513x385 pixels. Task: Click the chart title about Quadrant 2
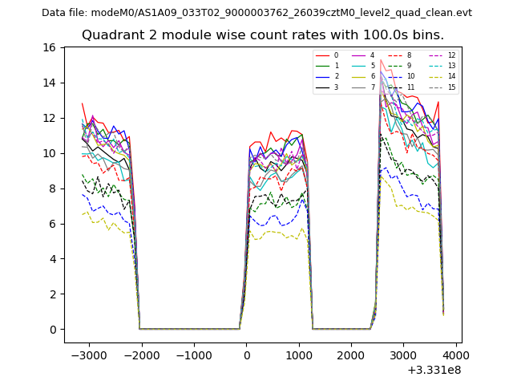(x=262, y=35)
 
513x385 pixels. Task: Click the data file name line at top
(x=256, y=13)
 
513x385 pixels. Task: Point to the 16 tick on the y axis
(x=49, y=47)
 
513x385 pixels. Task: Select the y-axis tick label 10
(x=49, y=153)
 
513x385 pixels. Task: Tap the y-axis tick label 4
(x=52, y=259)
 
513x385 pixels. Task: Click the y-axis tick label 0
(x=52, y=330)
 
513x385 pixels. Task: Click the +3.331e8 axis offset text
(x=434, y=370)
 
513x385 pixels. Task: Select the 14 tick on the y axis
(x=49, y=83)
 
